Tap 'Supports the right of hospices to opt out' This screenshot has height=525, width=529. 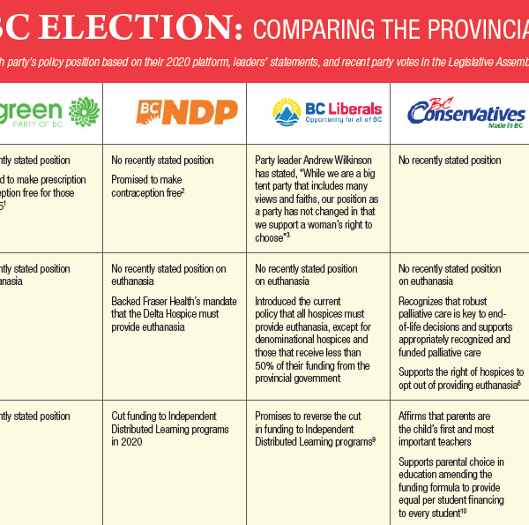click(x=461, y=379)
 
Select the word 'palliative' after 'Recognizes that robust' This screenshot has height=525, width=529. click(x=420, y=314)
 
